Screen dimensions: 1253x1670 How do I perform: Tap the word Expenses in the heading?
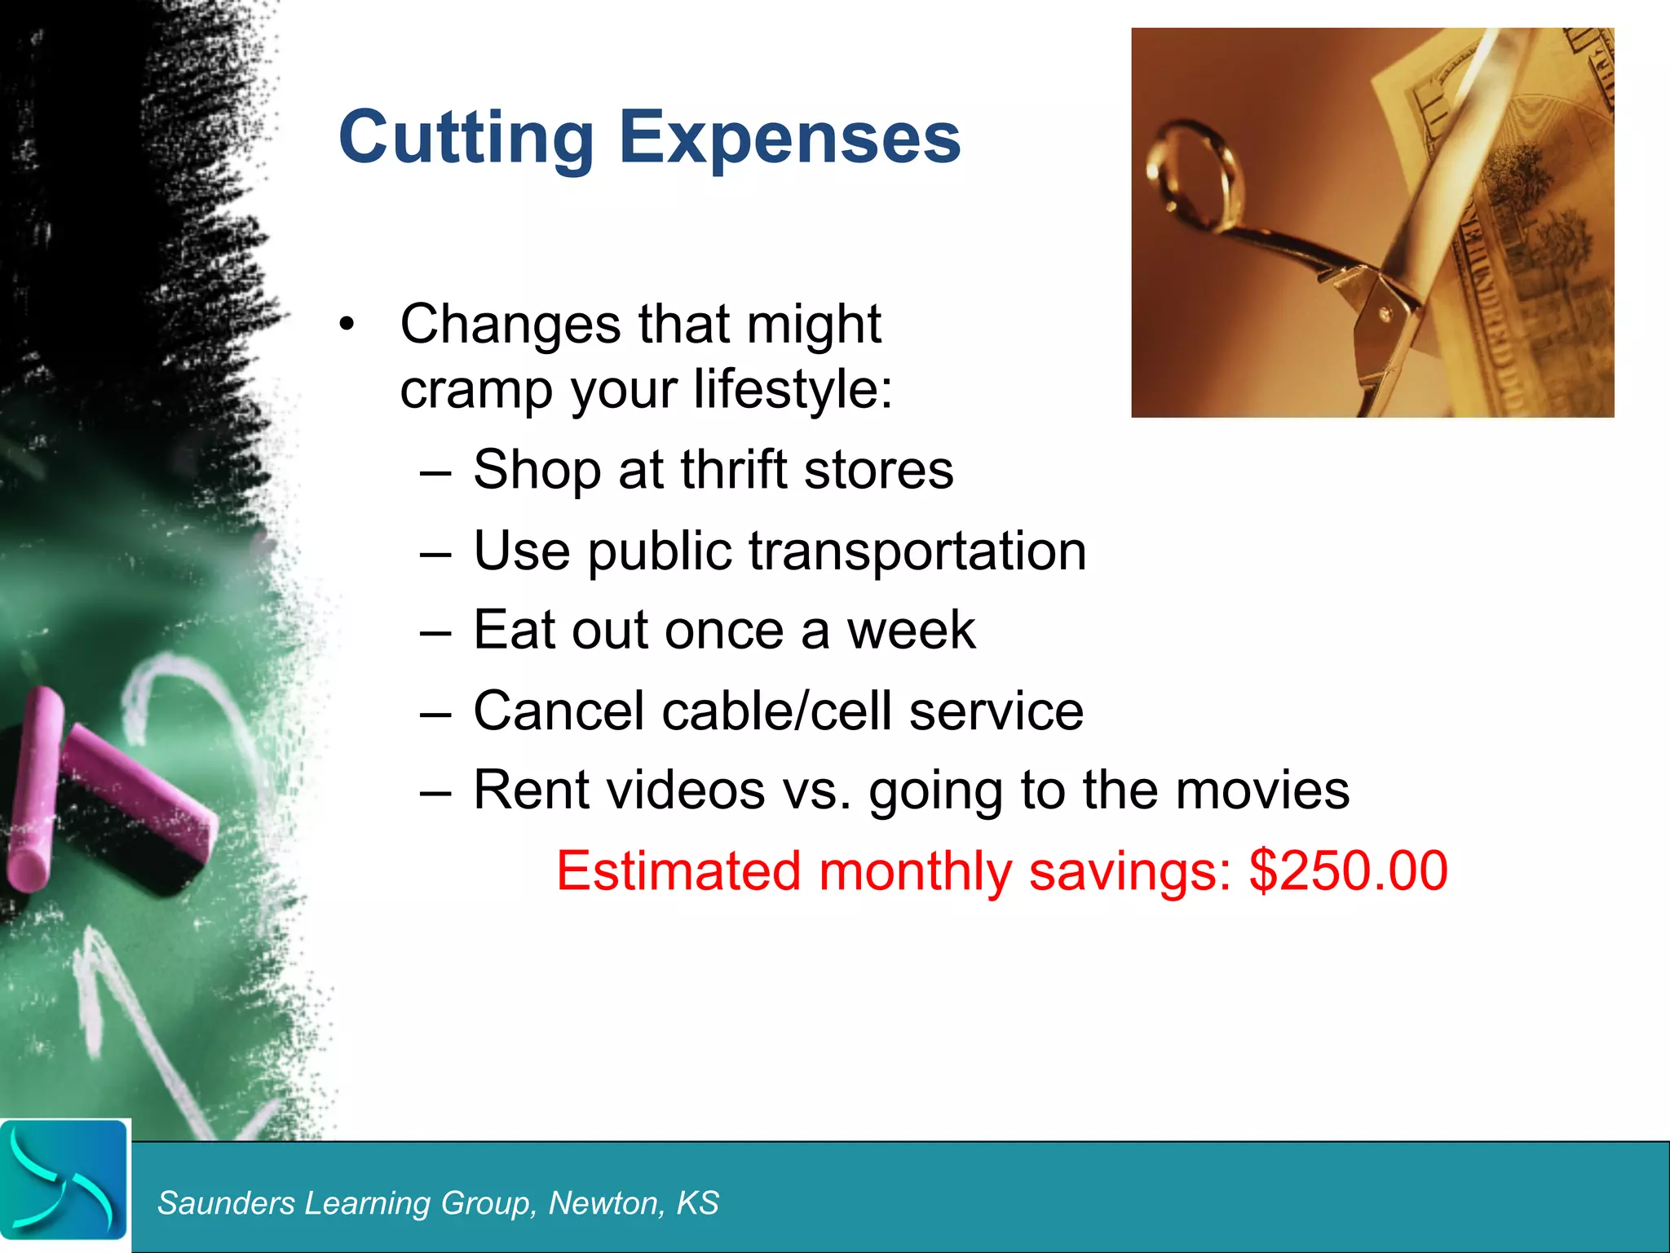point(789,137)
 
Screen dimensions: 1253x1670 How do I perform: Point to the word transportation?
point(917,551)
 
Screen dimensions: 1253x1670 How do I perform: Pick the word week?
point(911,631)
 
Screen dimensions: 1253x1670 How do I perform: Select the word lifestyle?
point(793,389)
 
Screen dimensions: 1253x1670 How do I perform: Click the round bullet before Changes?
point(347,325)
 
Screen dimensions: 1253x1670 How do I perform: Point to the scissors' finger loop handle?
point(1196,175)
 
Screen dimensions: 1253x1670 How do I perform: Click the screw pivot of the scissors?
point(1384,313)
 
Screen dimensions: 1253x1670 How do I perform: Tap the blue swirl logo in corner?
point(64,1181)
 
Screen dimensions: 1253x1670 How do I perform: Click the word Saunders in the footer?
point(226,1203)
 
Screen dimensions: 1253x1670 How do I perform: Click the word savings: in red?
point(1130,871)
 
